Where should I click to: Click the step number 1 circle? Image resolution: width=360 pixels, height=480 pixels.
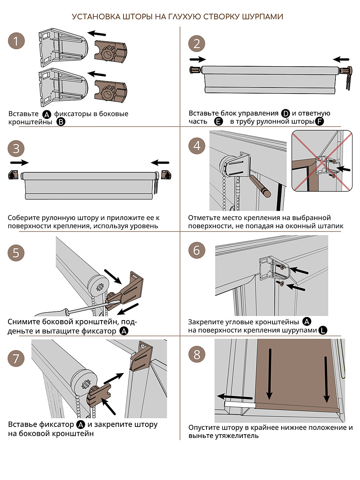click(x=16, y=41)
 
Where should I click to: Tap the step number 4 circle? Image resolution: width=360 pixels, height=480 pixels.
click(x=197, y=146)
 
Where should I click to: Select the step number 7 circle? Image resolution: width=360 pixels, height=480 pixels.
click(x=16, y=358)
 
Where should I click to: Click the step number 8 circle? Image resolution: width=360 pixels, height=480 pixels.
click(x=197, y=355)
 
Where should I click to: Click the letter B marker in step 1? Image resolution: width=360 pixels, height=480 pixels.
click(x=61, y=122)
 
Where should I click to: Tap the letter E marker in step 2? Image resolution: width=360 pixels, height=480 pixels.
click(x=218, y=122)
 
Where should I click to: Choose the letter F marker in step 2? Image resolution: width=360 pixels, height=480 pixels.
click(x=319, y=122)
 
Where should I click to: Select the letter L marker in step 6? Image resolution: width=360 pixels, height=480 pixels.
click(x=323, y=330)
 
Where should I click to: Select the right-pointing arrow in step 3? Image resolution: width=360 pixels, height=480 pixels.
click(x=19, y=163)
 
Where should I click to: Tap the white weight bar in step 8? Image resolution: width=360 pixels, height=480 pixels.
click(x=240, y=405)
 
